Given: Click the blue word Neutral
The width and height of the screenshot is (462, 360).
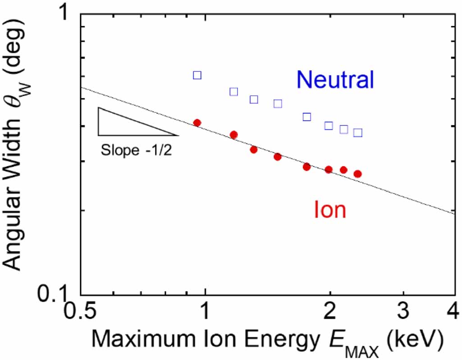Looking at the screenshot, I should [335, 80].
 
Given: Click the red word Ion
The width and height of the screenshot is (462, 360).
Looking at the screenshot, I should [330, 210].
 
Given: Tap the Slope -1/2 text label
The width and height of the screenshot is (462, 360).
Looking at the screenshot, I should [137, 150].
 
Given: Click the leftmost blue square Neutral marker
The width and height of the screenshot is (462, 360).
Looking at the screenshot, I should [197, 75].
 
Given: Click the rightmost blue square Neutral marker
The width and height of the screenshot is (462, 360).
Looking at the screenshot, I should [358, 133].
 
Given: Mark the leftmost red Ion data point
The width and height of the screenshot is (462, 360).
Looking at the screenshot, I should [197, 123].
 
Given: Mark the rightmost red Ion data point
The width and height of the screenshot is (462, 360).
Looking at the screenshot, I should [358, 174].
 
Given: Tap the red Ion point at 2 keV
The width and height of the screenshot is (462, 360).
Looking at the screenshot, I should [329, 170].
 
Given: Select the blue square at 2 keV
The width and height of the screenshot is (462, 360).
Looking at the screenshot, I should [329, 126].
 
